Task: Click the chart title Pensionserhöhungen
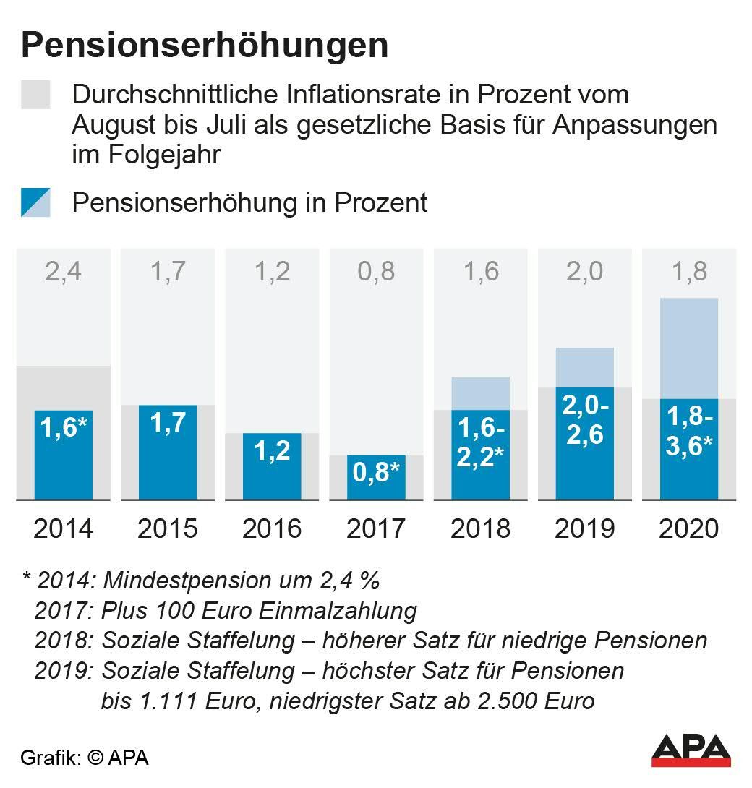click(205, 46)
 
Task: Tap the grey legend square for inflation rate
click(35, 95)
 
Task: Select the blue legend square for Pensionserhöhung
click(35, 202)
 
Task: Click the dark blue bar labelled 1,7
click(168, 452)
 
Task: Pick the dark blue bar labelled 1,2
click(272, 466)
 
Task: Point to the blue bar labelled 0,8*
click(376, 477)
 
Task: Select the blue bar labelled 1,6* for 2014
click(64, 455)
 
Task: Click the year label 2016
click(272, 528)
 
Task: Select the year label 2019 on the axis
click(584, 528)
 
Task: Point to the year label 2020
click(689, 528)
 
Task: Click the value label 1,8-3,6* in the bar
click(689, 432)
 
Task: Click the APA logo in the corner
click(691, 750)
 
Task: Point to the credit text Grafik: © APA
click(85, 758)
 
